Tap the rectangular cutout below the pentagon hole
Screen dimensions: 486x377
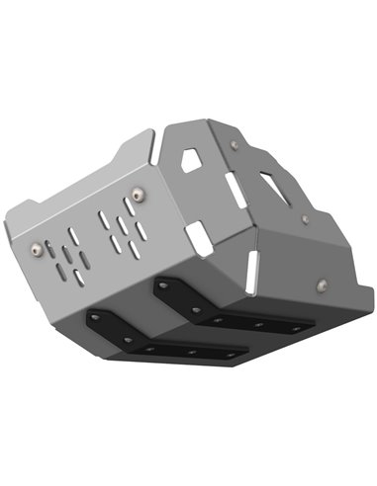click(x=199, y=233)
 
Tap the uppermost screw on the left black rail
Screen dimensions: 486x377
click(x=97, y=317)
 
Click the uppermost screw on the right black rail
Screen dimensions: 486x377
click(x=163, y=283)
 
